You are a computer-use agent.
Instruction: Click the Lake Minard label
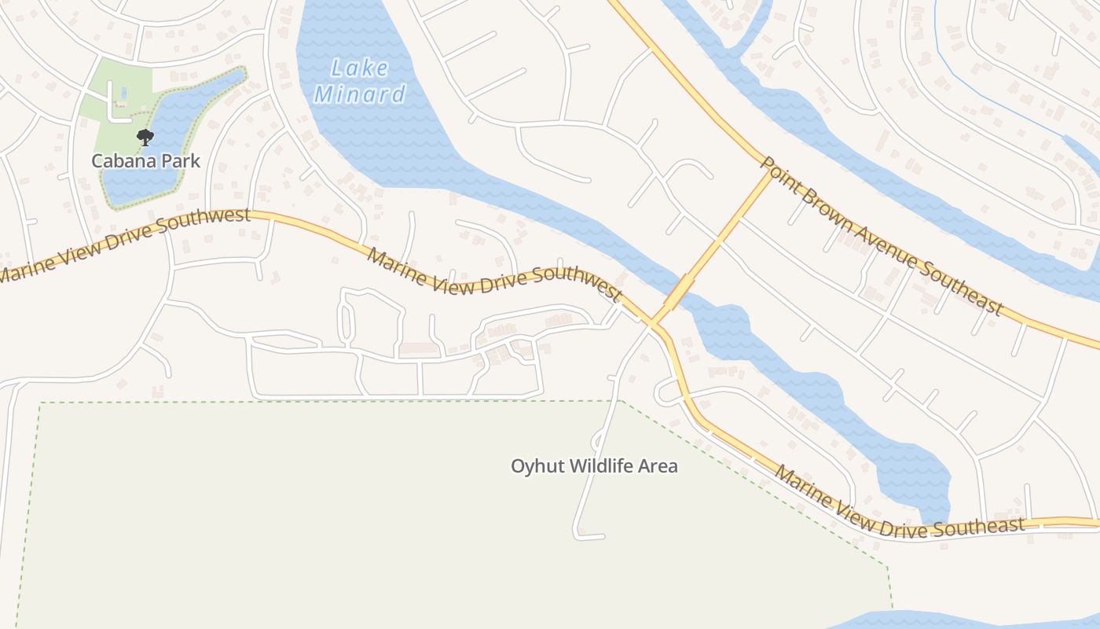(x=360, y=82)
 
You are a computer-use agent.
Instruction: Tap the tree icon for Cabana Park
(x=145, y=138)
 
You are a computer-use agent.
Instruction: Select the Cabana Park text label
(x=146, y=161)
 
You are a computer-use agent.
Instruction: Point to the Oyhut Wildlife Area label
(x=594, y=466)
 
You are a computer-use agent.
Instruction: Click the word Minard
(x=360, y=96)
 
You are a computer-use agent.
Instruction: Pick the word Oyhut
(x=537, y=466)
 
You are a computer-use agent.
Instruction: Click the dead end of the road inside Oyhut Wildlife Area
(x=603, y=537)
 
